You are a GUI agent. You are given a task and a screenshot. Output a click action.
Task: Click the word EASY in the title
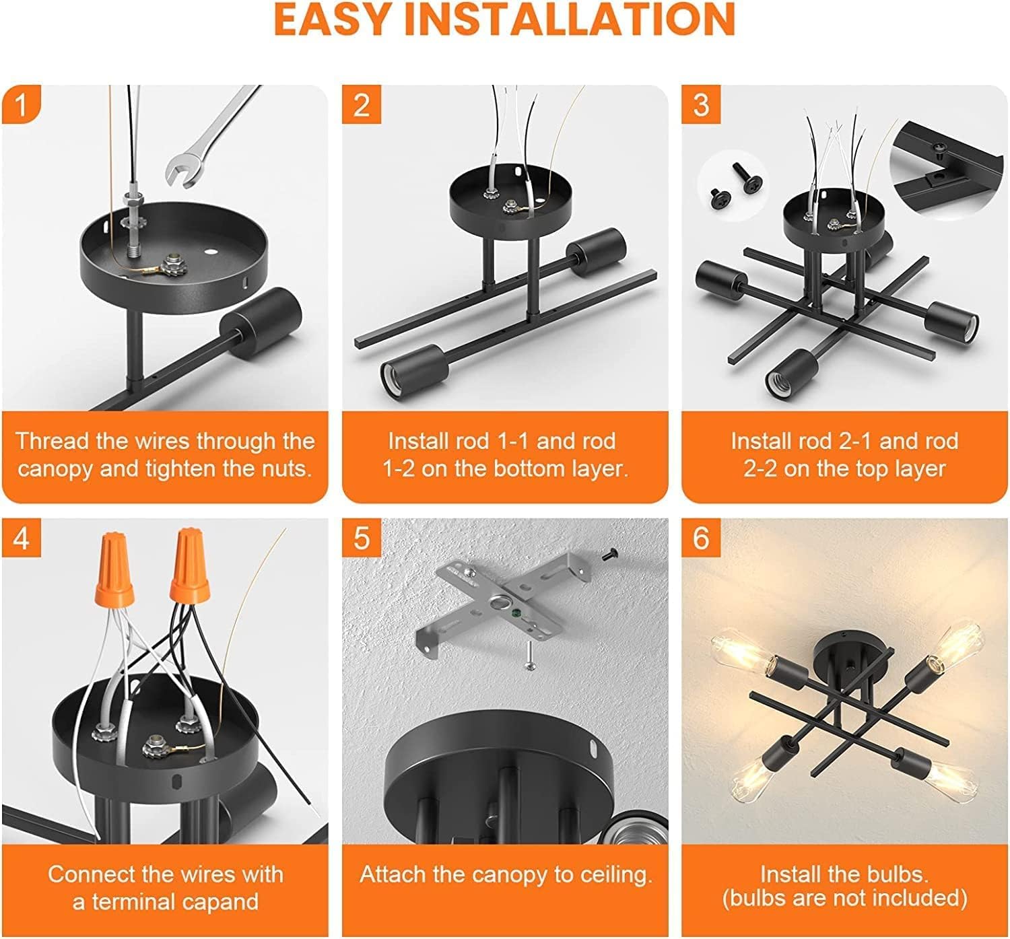coord(333,19)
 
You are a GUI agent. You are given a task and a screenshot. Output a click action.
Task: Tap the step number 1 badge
coord(21,105)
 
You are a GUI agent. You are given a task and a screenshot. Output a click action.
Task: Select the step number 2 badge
coord(361,105)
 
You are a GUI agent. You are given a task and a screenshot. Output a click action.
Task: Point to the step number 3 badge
coord(701,105)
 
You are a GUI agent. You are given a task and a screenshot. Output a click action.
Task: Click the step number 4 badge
coord(21,538)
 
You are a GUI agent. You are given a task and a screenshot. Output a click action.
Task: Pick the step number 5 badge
coord(361,538)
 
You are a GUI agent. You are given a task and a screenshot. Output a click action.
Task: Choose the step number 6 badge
coord(701,538)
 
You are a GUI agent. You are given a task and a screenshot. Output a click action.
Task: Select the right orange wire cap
coord(189,565)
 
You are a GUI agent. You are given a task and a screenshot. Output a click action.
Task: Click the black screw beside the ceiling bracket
coord(609,555)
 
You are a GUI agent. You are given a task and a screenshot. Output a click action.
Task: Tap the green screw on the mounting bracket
coord(518,613)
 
